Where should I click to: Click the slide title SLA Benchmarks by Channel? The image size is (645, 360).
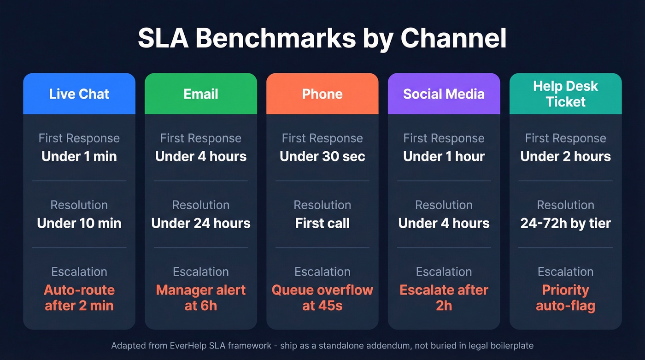(322, 39)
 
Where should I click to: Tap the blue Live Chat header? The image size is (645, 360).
(79, 94)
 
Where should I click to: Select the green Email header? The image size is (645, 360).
(201, 94)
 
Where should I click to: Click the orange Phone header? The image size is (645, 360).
(322, 94)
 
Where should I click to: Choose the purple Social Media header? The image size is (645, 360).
(444, 94)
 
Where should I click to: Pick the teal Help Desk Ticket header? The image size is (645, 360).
(565, 94)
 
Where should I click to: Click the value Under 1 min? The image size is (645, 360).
(79, 157)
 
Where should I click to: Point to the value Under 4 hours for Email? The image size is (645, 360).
(201, 157)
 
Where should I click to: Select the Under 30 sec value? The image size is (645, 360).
(322, 157)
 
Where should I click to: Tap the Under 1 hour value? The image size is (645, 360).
(444, 157)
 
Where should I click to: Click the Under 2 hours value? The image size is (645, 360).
(565, 157)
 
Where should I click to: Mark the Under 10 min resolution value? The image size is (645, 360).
(79, 224)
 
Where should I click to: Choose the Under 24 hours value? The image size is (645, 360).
(201, 224)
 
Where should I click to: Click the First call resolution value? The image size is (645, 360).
(322, 224)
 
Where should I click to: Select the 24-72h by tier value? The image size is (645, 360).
(565, 224)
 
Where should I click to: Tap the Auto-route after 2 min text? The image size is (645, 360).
(79, 298)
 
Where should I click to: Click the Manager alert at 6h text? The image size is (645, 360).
(201, 298)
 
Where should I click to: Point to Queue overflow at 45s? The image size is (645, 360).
(322, 298)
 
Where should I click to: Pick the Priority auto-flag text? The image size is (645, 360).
(565, 298)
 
